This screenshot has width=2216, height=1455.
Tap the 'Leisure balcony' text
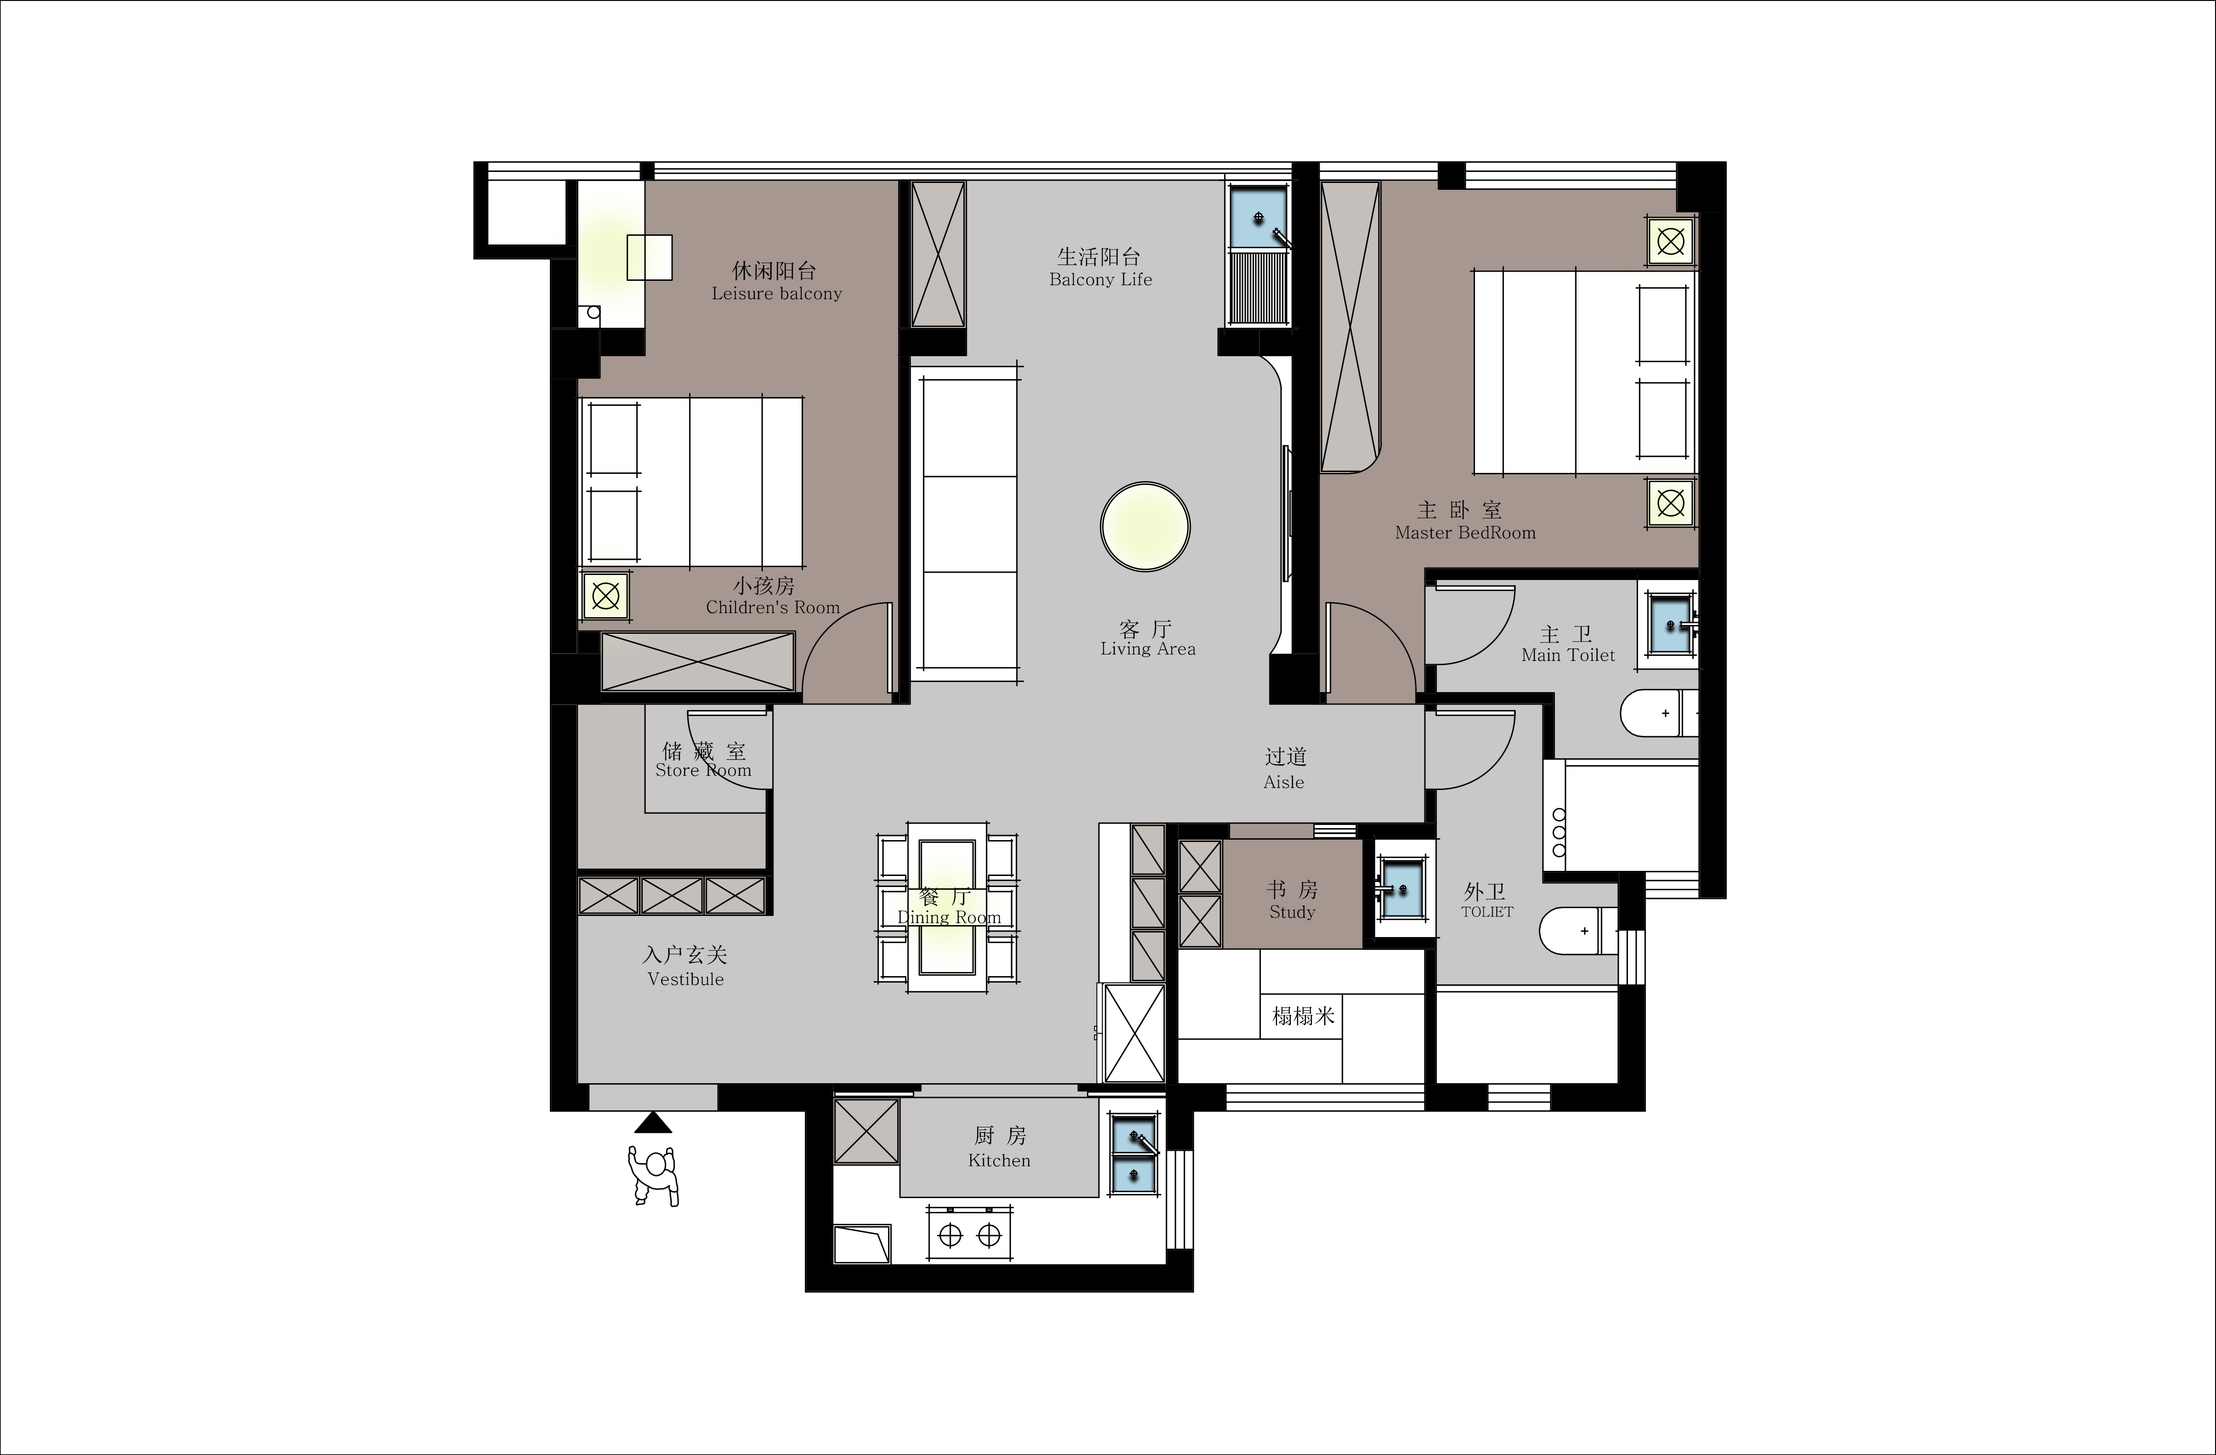(776, 293)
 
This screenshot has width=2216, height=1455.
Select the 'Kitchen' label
(999, 1161)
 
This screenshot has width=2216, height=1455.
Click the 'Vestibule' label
(685, 979)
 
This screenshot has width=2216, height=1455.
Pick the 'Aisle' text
(1284, 783)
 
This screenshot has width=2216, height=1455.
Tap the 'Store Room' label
(703, 770)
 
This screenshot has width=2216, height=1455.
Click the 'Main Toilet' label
(1568, 655)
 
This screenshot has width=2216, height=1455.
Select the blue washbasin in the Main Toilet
(1671, 622)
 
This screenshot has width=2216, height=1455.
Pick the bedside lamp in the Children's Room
(605, 596)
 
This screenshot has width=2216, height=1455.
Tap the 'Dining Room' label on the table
(949, 917)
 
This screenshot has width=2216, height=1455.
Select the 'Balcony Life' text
(1101, 279)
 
